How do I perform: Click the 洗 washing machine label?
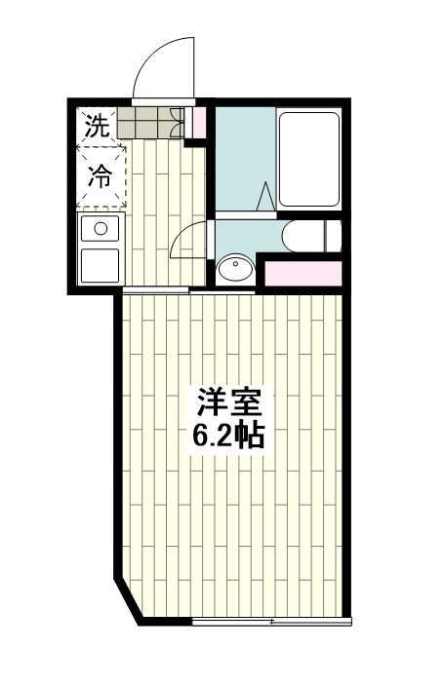click(x=96, y=125)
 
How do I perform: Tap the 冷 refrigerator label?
click(x=101, y=175)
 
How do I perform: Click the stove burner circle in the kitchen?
click(x=98, y=230)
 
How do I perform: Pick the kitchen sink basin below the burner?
click(x=99, y=265)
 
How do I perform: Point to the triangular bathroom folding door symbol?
click(x=264, y=195)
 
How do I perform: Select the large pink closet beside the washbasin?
click(x=303, y=273)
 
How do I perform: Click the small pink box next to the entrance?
click(x=199, y=124)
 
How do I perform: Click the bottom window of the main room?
click(x=270, y=621)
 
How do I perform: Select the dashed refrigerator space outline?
click(x=102, y=175)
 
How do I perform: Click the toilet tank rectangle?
click(x=333, y=235)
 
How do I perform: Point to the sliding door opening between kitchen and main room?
click(x=156, y=290)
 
